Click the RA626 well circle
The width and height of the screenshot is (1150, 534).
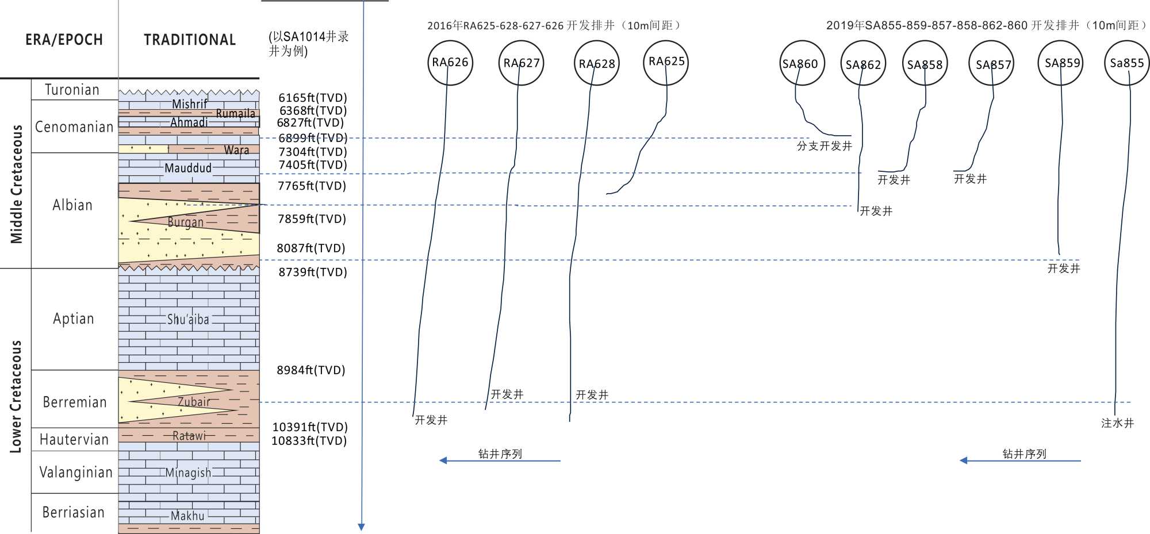coord(450,63)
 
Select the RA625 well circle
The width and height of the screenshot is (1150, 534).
coord(666,62)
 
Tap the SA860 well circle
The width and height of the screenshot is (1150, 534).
coord(802,64)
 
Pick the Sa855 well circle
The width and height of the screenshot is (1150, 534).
coord(1126,63)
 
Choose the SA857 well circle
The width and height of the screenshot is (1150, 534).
coord(991,64)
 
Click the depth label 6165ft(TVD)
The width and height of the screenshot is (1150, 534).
coord(313,98)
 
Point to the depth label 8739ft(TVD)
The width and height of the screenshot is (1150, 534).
coord(313,272)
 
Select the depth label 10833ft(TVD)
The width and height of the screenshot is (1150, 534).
coord(309,441)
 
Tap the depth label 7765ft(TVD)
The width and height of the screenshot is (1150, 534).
coord(312,186)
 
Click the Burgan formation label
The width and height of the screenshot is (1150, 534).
coord(185,222)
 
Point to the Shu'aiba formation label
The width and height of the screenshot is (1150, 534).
coord(188,320)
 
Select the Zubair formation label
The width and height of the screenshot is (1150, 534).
coord(194,402)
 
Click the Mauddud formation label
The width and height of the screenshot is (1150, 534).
coord(188,168)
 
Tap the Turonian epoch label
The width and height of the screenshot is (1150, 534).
coord(72,90)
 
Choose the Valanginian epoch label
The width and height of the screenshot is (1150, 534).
coord(75,472)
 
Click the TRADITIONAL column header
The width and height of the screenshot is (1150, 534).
coord(190,40)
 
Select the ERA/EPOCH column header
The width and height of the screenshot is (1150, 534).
coord(64,40)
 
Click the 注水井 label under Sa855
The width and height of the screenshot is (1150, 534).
coord(1117,424)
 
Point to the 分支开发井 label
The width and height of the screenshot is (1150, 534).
coord(824,146)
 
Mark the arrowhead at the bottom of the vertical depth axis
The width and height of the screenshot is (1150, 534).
coord(361,527)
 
